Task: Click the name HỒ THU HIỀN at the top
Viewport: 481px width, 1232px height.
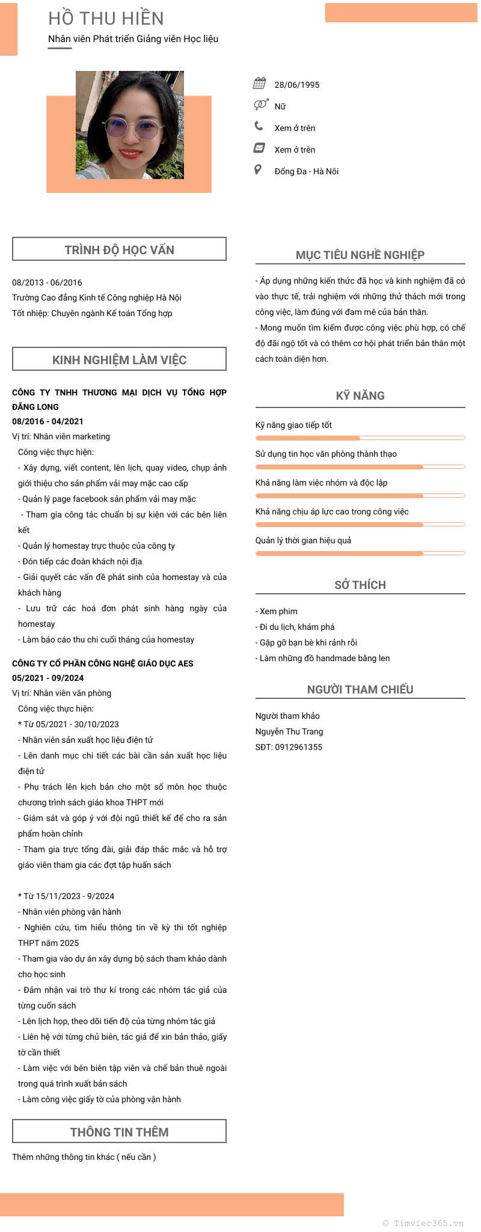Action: click(x=106, y=19)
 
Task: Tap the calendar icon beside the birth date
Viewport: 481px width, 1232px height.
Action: click(x=260, y=83)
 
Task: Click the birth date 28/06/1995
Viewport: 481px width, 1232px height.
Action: click(x=297, y=85)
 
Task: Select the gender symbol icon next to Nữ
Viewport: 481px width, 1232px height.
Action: click(x=260, y=105)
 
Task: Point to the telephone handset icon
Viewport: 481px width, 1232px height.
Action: click(x=259, y=126)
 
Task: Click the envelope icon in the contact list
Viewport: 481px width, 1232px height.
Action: click(x=259, y=148)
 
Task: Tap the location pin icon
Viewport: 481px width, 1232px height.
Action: click(x=258, y=169)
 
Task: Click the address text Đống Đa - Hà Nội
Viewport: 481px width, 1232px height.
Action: click(x=306, y=171)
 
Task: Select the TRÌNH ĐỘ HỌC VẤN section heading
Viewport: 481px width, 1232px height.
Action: click(x=119, y=249)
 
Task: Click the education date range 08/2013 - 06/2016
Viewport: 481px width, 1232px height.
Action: click(x=47, y=282)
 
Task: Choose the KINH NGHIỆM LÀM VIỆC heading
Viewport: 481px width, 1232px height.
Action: click(x=119, y=359)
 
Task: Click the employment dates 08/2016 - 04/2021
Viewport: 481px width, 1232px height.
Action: click(x=47, y=421)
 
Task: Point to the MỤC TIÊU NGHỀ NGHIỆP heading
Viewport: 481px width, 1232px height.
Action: click(x=360, y=255)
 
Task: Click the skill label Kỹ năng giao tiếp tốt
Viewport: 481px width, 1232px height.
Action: click(x=293, y=425)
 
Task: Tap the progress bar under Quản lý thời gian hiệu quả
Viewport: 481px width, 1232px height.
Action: click(x=360, y=553)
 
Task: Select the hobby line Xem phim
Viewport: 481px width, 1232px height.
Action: click(x=277, y=611)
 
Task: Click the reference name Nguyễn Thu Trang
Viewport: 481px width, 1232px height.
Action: click(x=289, y=731)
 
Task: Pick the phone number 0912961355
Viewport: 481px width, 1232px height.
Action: click(x=298, y=747)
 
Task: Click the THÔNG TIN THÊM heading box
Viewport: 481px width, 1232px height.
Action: click(x=119, y=1132)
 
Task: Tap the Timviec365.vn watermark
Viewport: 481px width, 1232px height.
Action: click(x=423, y=1223)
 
